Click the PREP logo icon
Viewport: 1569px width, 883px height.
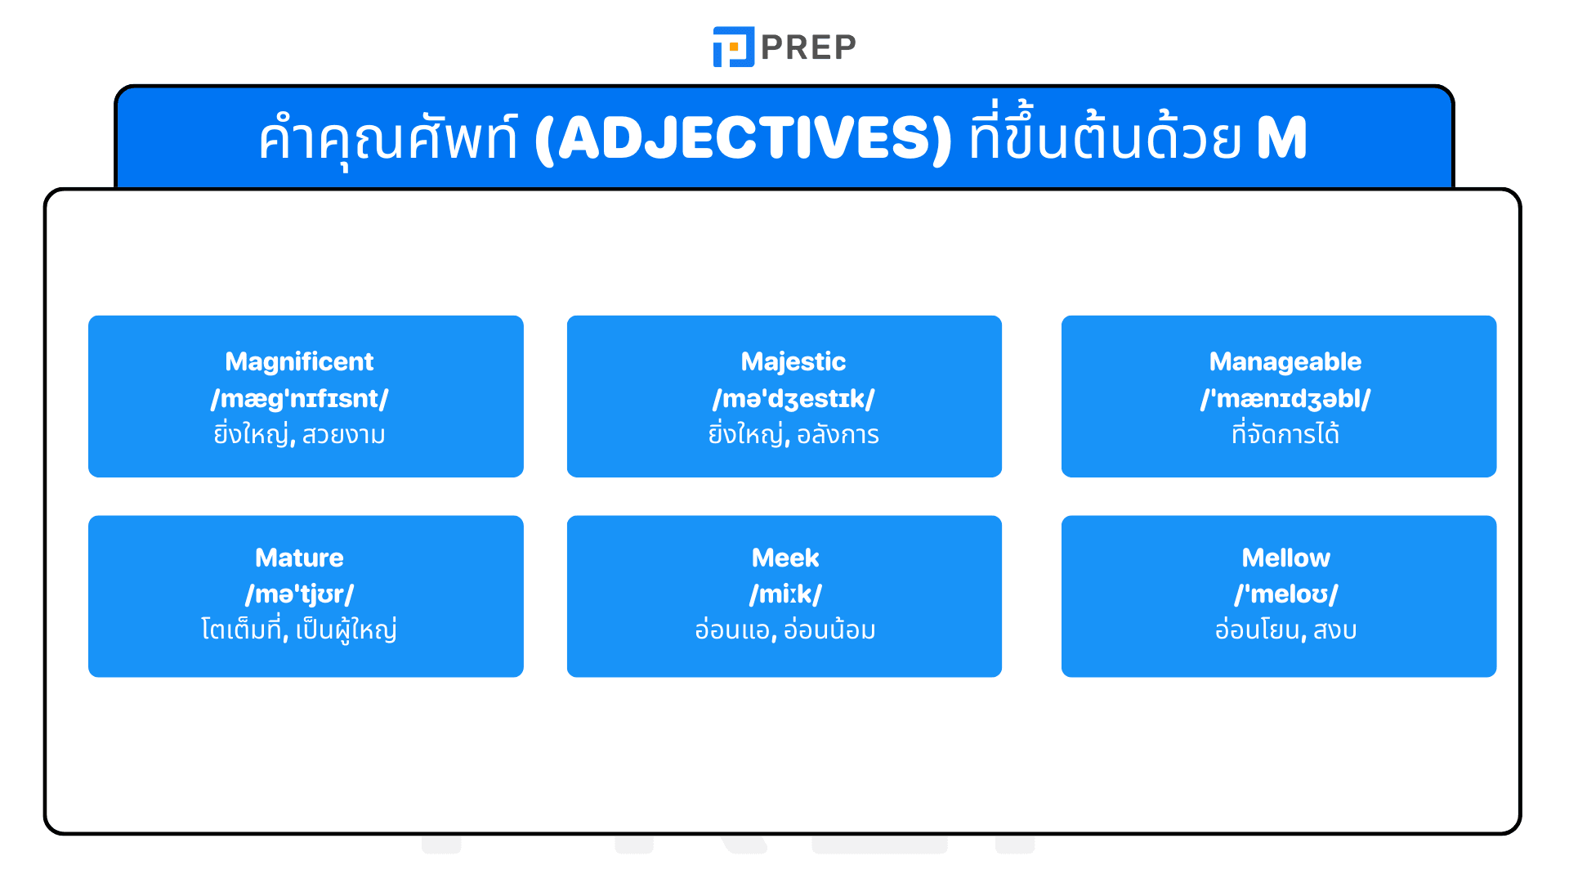pyautogui.click(x=733, y=47)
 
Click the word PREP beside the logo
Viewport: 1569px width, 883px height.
pyautogui.click(x=808, y=47)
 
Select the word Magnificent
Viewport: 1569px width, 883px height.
pyautogui.click(x=299, y=361)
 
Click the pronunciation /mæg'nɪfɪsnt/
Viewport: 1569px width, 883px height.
pyautogui.click(x=299, y=398)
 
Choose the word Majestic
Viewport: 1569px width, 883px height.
pyautogui.click(x=793, y=361)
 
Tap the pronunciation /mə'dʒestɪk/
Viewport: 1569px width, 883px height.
pyautogui.click(x=793, y=398)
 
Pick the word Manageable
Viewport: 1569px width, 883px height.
pyautogui.click(x=1285, y=361)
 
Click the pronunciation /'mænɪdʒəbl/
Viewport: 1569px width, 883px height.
pyautogui.click(x=1285, y=398)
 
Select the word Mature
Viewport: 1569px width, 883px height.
pyautogui.click(x=299, y=558)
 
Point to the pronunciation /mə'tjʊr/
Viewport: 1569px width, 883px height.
pyautogui.click(x=299, y=594)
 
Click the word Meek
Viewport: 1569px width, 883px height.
pyautogui.click(x=784, y=558)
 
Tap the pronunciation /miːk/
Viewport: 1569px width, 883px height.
pyautogui.click(x=784, y=594)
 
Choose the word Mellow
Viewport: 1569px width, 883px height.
pyautogui.click(x=1285, y=558)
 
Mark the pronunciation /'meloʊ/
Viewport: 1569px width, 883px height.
pyautogui.click(x=1285, y=594)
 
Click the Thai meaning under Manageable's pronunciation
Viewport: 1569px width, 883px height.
pyautogui.click(x=1285, y=434)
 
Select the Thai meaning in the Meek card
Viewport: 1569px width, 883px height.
pyautogui.click(x=784, y=630)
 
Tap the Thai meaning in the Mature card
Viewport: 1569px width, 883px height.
pyautogui.click(x=299, y=630)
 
